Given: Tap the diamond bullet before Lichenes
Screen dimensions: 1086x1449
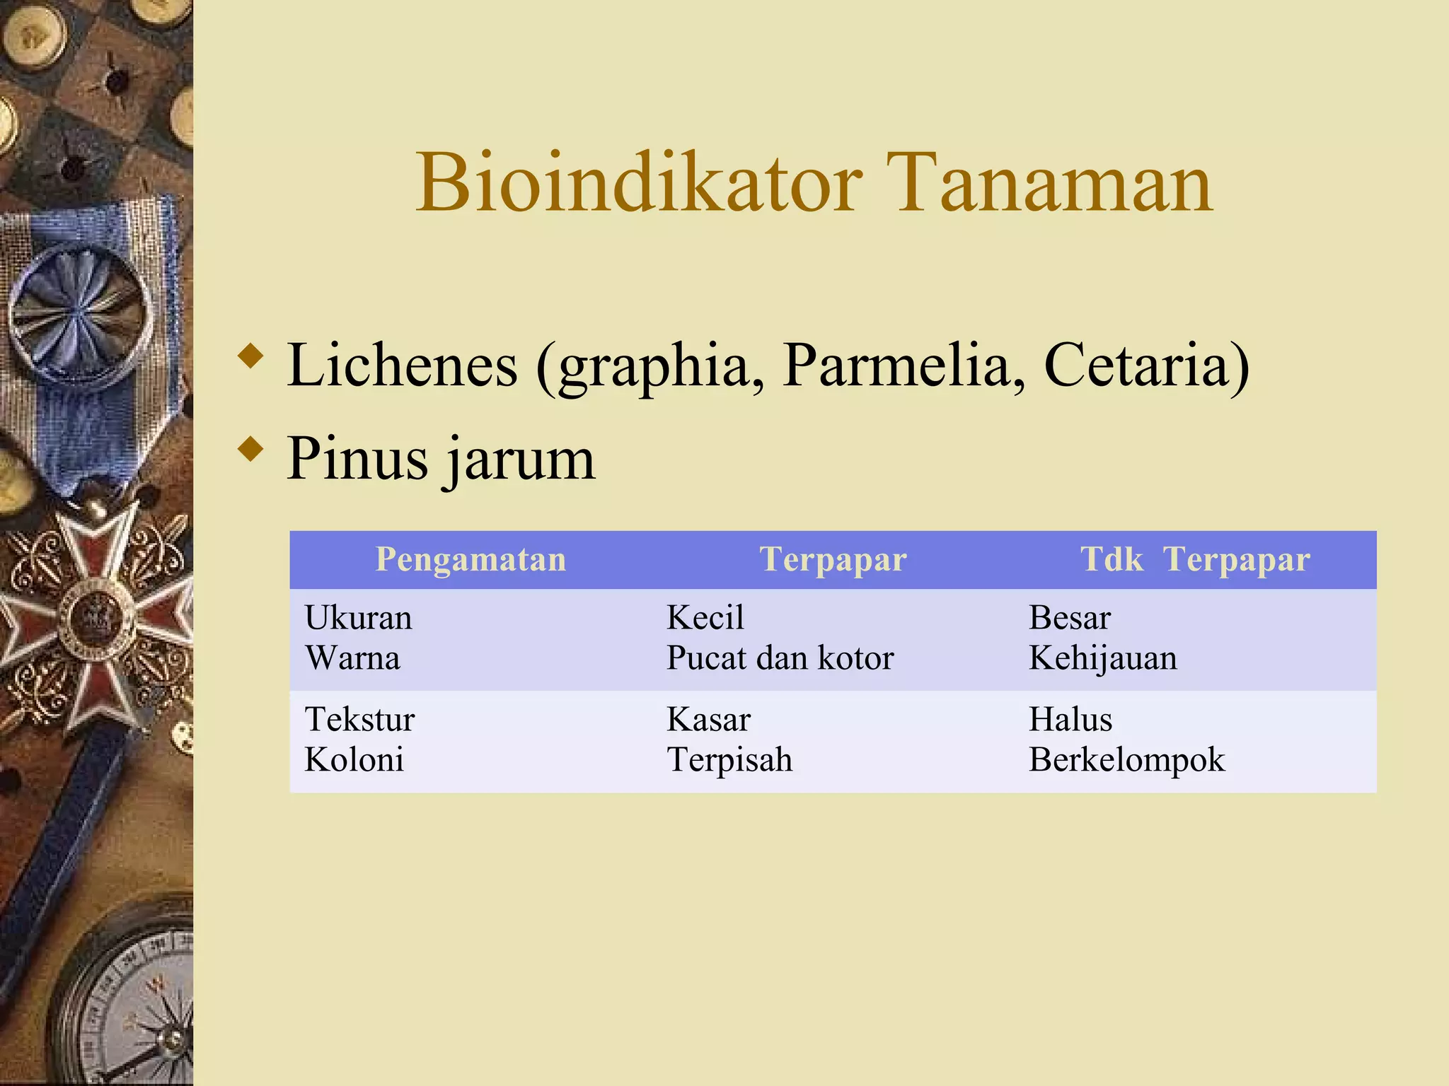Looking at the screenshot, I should (250, 356).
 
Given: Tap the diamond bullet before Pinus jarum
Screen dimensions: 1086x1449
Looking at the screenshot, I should (250, 449).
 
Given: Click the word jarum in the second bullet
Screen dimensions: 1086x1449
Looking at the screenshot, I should (520, 460).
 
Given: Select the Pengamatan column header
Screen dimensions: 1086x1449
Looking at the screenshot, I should (471, 559).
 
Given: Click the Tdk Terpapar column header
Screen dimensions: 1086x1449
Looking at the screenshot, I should (1194, 559).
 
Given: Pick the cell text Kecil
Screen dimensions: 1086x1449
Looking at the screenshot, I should (705, 617).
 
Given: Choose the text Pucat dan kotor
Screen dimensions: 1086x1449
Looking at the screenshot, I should (780, 658).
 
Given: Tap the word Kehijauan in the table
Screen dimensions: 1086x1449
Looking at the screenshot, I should (1102, 658).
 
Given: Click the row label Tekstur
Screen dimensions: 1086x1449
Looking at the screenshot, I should (359, 720).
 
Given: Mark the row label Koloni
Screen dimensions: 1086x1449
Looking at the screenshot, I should (354, 760).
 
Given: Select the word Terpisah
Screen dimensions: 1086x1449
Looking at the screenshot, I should (729, 760).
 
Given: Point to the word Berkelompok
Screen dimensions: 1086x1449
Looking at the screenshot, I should (1126, 760).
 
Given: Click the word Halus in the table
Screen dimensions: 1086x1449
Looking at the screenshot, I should (1070, 720).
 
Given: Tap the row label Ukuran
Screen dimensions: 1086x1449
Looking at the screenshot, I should (358, 617).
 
